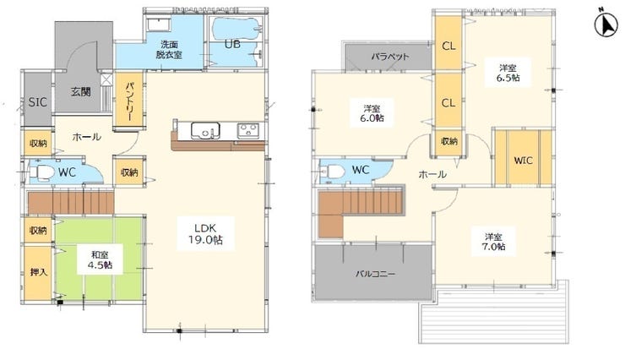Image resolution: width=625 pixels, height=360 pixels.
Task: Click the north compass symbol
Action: pos(606,25)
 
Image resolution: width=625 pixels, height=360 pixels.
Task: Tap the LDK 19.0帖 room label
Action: pos(205,233)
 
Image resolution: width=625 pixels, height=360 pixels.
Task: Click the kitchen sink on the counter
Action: pos(205,130)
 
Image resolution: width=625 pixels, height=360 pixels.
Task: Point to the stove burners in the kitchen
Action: pos(248,130)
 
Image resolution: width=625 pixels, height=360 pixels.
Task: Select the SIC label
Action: pos(37,102)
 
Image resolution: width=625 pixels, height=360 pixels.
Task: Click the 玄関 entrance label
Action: pos(81,92)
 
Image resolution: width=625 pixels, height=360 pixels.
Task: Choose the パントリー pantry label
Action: pos(129,101)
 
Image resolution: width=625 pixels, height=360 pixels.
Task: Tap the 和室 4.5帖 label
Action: pos(100,259)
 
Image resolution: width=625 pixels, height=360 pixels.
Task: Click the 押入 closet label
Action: pos(39,272)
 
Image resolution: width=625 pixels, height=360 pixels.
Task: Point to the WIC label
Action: pos(523,161)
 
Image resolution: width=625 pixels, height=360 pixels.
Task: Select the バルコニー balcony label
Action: pos(375,274)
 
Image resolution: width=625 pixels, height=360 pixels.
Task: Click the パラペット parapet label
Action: pos(390,57)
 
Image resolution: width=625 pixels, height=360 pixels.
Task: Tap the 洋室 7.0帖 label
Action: pos(493,242)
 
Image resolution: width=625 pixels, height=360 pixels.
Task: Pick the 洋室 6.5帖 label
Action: pos(508,73)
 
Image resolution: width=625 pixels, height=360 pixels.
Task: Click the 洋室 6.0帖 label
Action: pos(372,113)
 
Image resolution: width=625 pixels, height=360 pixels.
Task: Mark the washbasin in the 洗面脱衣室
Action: pos(158,25)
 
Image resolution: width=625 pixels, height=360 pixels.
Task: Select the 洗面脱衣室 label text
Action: pos(169,49)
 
